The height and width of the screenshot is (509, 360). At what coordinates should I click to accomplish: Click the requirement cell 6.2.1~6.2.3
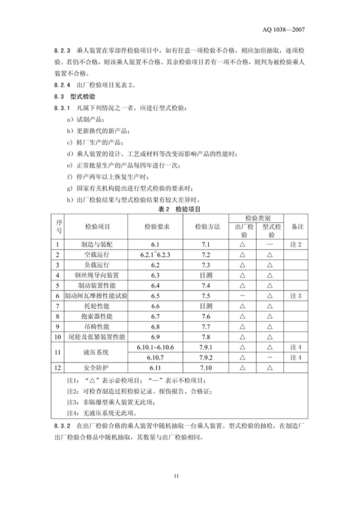pos(156,254)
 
